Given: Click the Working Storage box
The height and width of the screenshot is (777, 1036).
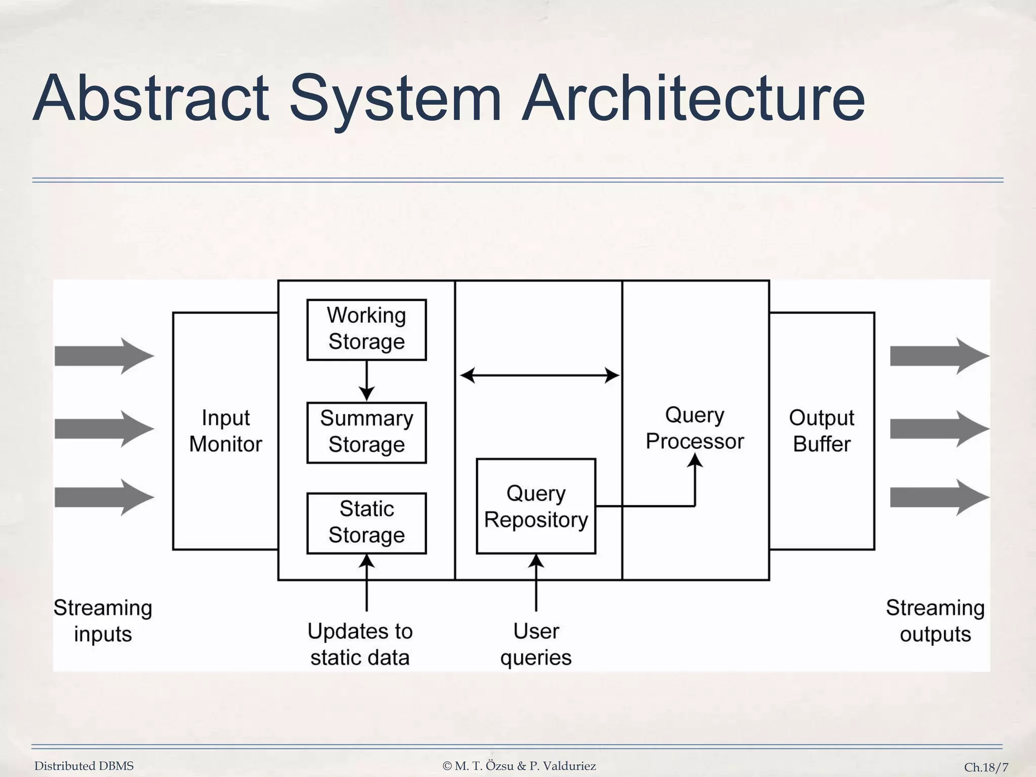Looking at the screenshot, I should pos(366,329).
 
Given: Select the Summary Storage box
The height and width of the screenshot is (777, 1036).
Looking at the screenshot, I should pos(366,433).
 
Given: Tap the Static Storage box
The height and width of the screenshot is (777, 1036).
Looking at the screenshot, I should pos(366,523).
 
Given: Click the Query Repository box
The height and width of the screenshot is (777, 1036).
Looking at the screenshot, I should pos(536,506).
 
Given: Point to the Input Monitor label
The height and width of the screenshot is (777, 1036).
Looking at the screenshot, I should pos(226,431).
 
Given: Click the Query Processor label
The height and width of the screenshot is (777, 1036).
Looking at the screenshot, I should pos(695,428).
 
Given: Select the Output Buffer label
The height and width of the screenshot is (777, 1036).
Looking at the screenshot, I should pos(822,431).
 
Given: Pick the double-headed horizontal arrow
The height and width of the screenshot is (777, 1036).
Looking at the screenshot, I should pos(539,375).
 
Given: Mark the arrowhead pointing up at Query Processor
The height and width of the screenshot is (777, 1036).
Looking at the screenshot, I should pos(696,460).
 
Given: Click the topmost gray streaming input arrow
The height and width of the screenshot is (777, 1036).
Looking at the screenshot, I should pos(104,356).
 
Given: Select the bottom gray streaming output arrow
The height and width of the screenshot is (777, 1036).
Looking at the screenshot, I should pos(939,498).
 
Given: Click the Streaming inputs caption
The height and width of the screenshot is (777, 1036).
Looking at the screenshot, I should pos(103,621).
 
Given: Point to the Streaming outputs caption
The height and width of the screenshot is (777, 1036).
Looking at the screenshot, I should pos(935,621).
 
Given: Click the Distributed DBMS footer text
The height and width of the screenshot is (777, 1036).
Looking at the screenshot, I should pos(84,766).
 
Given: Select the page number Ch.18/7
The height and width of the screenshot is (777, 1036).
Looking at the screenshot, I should pos(986,767).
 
